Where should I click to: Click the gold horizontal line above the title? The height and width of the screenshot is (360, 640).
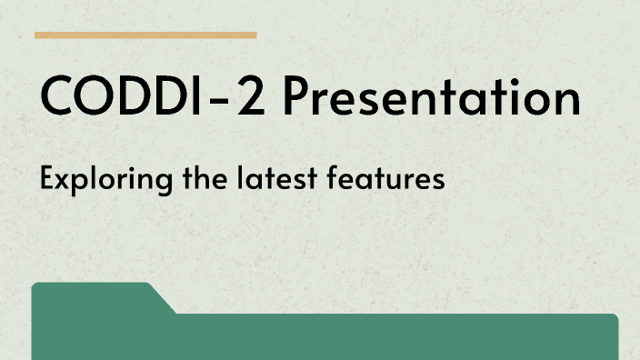[x=145, y=35]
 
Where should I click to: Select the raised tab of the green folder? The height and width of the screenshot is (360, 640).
[x=91, y=297]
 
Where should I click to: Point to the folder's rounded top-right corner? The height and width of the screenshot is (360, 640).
[x=614, y=318]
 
